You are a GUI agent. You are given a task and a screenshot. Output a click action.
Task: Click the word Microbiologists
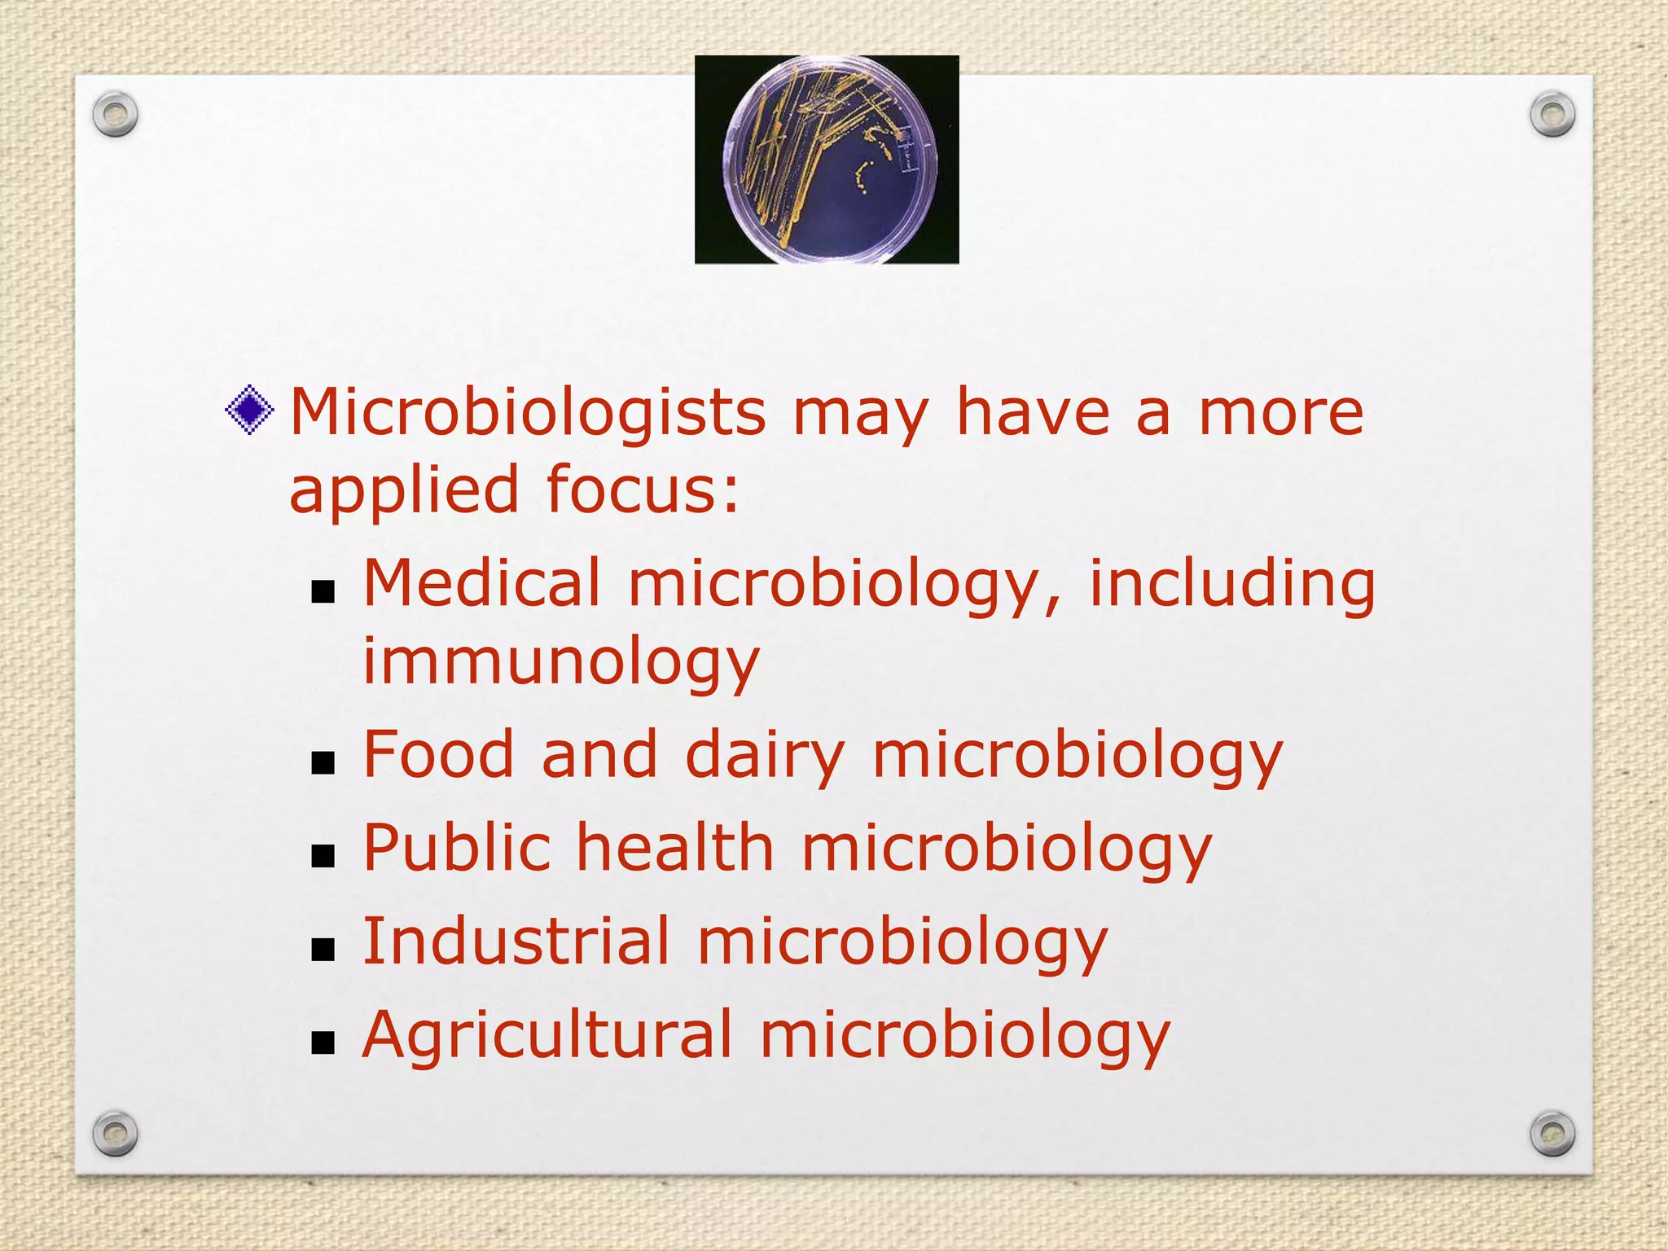[528, 412]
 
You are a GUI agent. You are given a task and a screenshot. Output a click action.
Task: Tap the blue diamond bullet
[249, 410]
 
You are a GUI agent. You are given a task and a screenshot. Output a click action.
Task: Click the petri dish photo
[826, 160]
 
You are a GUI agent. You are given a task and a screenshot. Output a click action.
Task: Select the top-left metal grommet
[115, 115]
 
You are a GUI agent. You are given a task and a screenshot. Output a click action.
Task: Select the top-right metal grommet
[1552, 115]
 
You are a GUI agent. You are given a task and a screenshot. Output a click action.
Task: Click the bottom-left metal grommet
[115, 1133]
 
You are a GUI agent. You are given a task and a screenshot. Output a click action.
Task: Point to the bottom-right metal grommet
[1552, 1133]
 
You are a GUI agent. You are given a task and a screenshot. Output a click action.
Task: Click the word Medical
[481, 583]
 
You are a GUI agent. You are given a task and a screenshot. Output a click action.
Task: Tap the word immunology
[561, 661]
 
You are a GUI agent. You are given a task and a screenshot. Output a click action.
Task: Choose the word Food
[438, 754]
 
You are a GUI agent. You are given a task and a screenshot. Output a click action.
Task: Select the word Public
[456, 848]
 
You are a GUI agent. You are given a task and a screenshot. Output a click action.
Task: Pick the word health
[675, 848]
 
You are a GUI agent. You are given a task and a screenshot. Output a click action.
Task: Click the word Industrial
[516, 942]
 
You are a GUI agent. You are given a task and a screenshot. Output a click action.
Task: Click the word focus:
[643, 490]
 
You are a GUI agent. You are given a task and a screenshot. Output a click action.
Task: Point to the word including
[1232, 585]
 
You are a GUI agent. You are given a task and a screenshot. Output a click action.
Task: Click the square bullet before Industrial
[323, 949]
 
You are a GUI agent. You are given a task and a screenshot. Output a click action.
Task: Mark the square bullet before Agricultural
[323, 1042]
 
